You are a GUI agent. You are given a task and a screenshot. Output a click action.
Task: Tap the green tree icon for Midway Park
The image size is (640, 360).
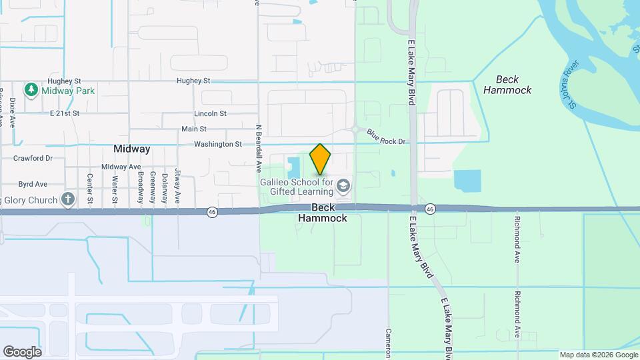31,89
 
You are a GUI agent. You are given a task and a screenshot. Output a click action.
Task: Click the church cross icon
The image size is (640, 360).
67,199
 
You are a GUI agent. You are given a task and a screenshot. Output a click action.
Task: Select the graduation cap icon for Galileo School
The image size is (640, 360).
344,185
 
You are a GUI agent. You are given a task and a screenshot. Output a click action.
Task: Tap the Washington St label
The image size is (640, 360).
217,144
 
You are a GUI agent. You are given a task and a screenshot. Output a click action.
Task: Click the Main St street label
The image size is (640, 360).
194,129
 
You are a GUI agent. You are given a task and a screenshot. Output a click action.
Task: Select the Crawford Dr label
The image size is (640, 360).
33,159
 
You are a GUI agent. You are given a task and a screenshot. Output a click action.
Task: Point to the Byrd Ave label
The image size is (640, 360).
33,183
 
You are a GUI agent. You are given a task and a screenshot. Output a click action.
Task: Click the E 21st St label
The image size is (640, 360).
65,113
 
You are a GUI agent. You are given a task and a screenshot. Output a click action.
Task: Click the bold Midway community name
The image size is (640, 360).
131,149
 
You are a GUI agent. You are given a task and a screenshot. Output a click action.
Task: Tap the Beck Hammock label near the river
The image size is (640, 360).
507,85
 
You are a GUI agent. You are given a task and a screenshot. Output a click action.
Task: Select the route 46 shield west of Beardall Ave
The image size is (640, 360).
212,211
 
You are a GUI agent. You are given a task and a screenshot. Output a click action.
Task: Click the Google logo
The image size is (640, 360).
22,351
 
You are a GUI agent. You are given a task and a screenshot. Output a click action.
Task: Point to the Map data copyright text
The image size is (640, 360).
598,355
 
